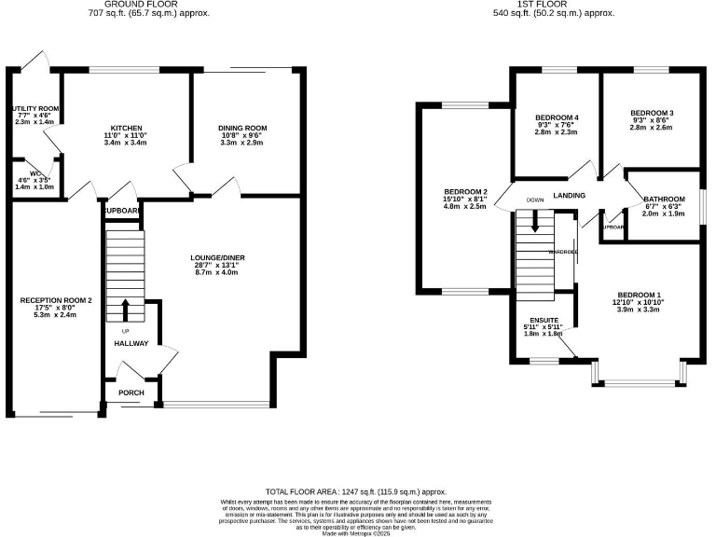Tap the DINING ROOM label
[x=243, y=128]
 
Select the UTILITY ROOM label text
[x=34, y=107]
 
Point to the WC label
[x=29, y=172]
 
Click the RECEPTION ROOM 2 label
[x=57, y=300]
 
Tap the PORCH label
[x=131, y=392]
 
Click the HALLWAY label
[x=131, y=344]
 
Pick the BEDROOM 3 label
[x=651, y=113]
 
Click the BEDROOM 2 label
[x=466, y=191]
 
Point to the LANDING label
[x=569, y=196]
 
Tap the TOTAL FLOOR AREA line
[x=357, y=491]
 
